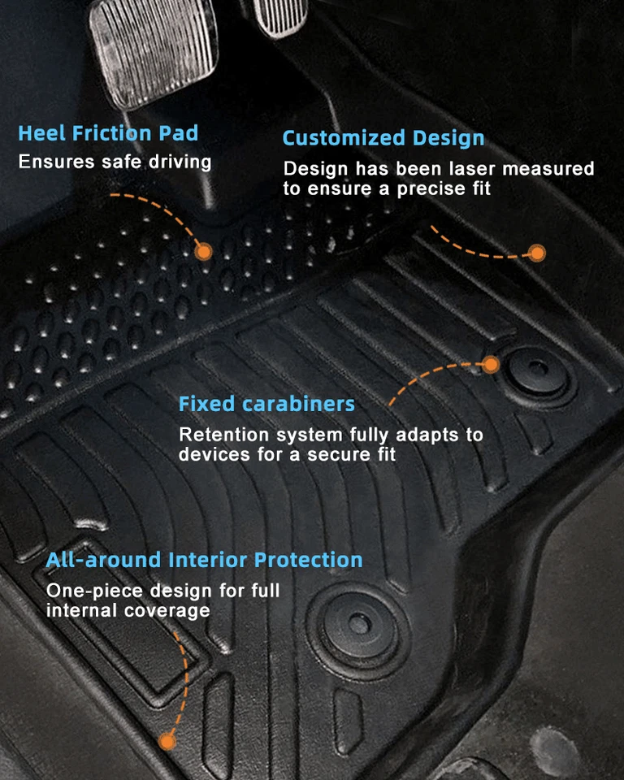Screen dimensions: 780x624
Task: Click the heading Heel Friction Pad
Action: click(108, 133)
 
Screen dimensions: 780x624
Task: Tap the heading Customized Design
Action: click(383, 138)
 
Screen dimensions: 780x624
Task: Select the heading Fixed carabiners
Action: click(266, 404)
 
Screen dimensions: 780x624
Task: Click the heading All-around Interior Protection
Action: click(204, 560)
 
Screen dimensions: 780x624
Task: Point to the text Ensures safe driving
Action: click(115, 161)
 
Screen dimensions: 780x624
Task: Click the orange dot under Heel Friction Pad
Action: click(204, 252)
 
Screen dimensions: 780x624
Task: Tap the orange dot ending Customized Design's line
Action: click(536, 253)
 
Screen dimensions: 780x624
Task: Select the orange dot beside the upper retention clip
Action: click(490, 365)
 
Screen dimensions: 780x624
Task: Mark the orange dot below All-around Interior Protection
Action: click(167, 740)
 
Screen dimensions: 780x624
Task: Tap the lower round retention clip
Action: click(357, 623)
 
